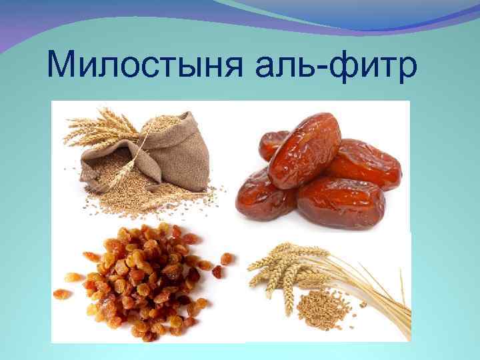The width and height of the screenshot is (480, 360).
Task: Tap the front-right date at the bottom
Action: (340, 203)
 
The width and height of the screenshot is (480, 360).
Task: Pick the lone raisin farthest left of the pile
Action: (61, 293)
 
